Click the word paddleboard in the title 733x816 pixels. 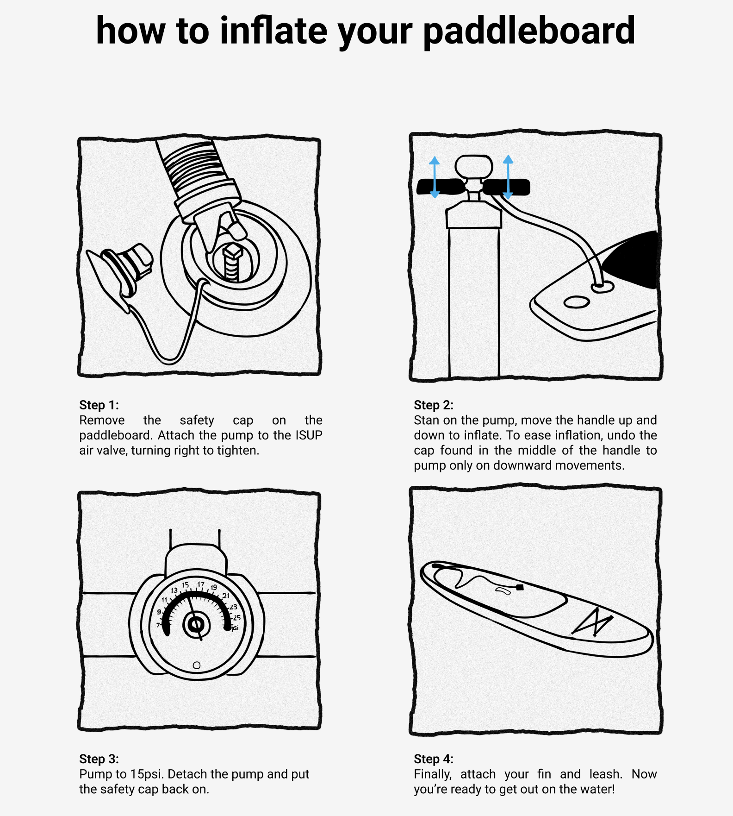tap(529, 31)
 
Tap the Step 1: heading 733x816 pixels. tap(99, 405)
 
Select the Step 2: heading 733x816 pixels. tap(434, 405)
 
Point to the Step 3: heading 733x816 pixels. tap(99, 759)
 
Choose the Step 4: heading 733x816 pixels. tap(434, 759)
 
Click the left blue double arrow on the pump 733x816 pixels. tap(435, 177)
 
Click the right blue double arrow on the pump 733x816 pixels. tap(508, 177)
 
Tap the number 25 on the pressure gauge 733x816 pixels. tap(237, 618)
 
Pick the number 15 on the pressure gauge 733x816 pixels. tap(186, 585)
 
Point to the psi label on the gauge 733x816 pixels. tap(235, 628)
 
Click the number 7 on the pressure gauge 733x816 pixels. tap(158, 625)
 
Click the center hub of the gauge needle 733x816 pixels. tap(196, 625)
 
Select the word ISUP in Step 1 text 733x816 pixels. tap(309, 435)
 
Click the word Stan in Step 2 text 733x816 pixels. tap(426, 420)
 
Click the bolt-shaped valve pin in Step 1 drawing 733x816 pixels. tap(232, 263)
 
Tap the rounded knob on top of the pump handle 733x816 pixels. tap(473, 167)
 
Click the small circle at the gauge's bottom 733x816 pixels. tap(197, 665)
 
